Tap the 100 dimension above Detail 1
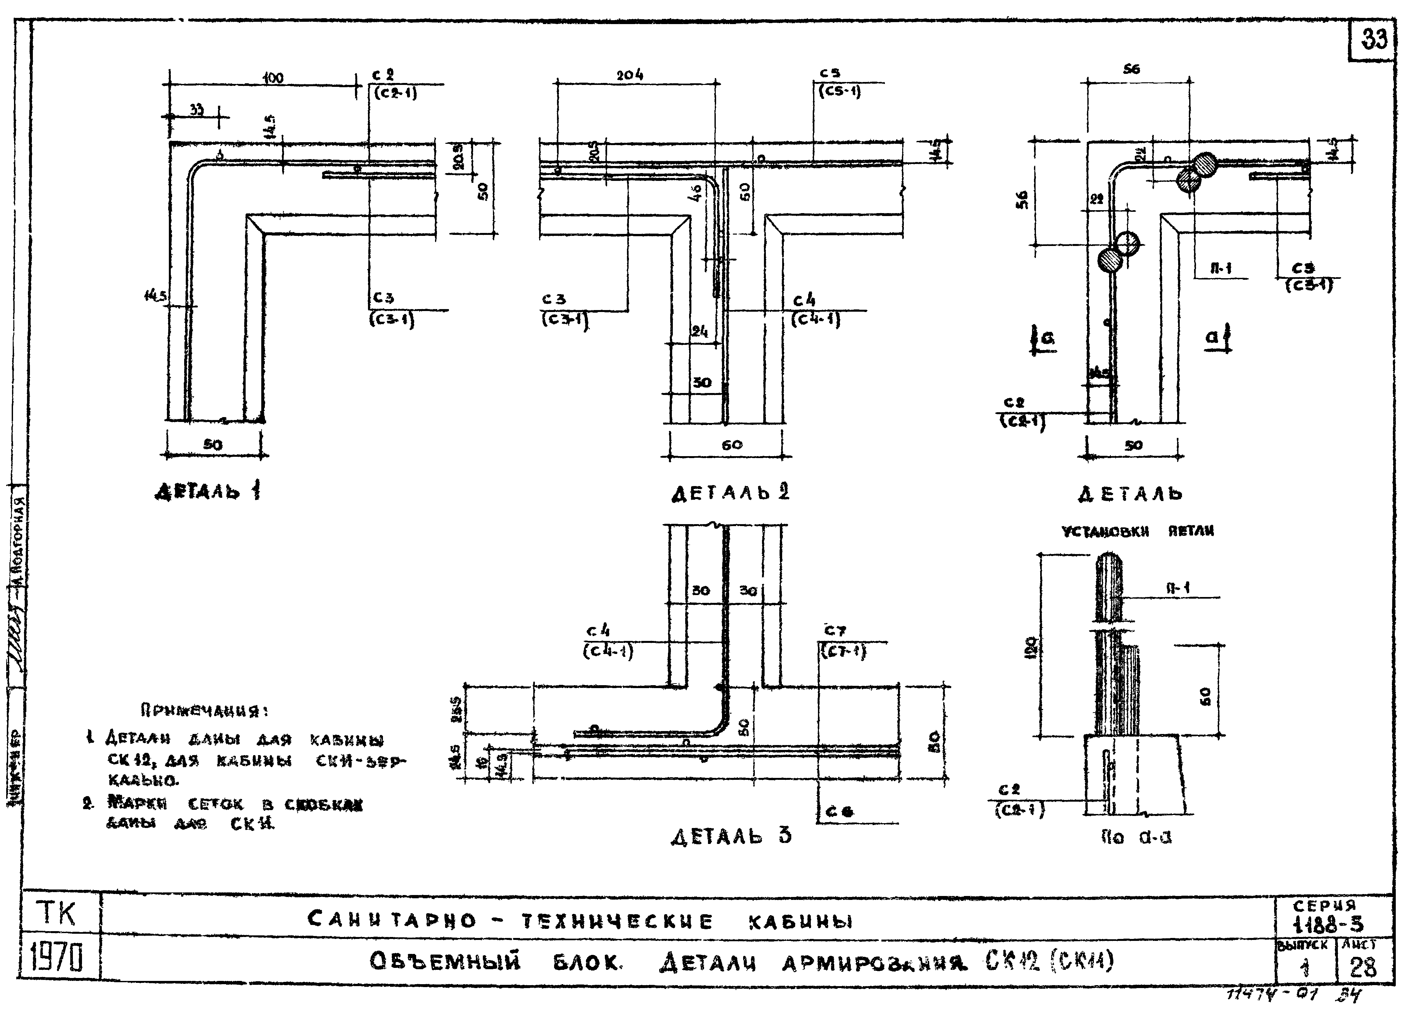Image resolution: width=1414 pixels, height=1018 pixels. tap(272, 78)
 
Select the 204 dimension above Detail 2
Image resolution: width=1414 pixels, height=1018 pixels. tap(630, 75)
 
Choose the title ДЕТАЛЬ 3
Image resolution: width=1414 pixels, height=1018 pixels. tap(731, 836)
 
